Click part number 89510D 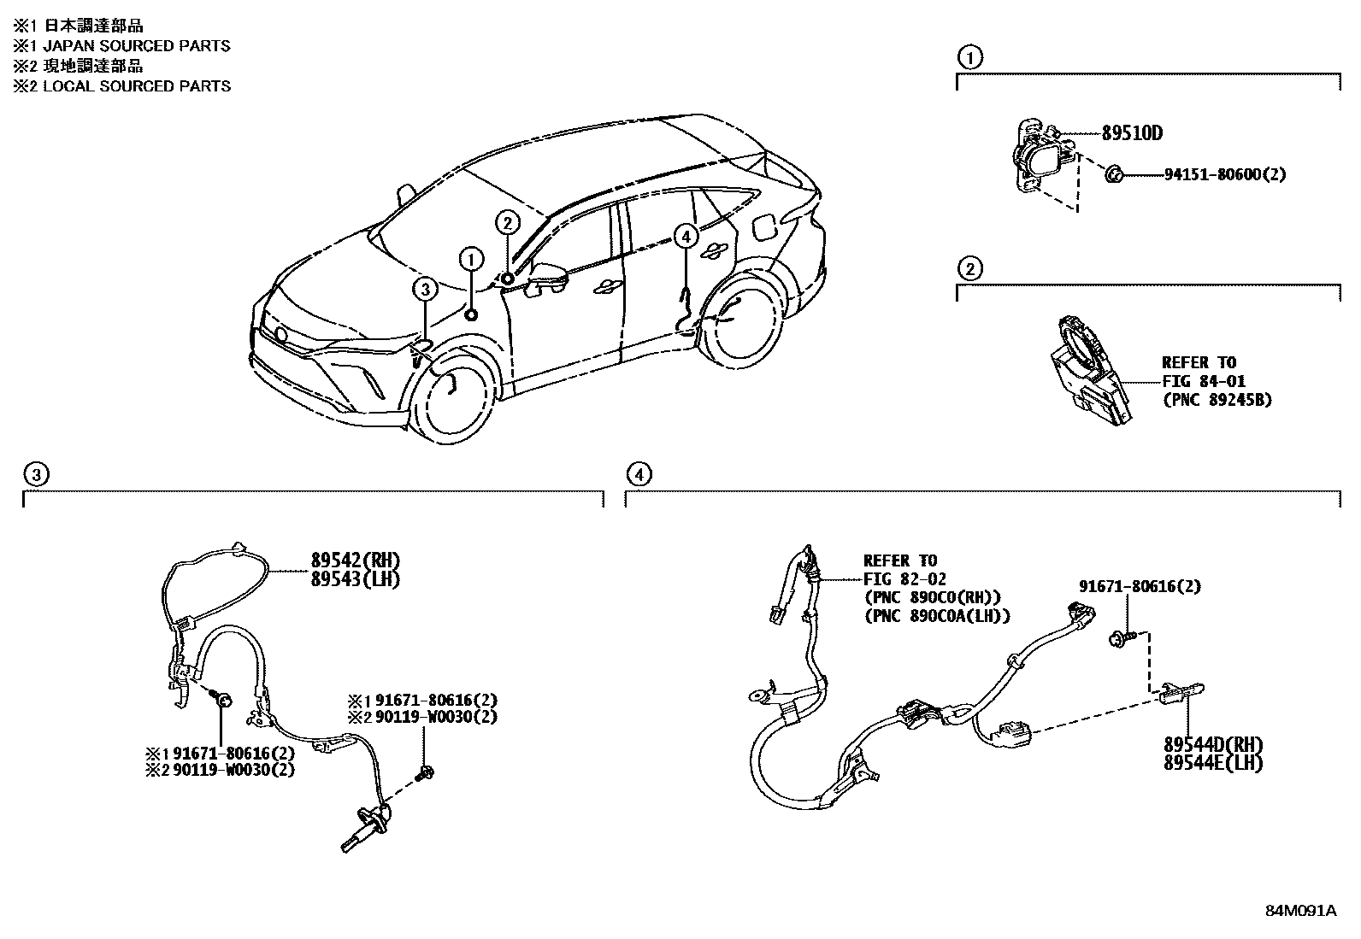(1132, 133)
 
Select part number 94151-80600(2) (1224, 174)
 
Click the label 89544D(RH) (1212, 745)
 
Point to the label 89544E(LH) (1212, 763)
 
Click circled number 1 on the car (471, 258)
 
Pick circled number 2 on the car (507, 223)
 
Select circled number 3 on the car (426, 289)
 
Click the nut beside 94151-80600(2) (1114, 174)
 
